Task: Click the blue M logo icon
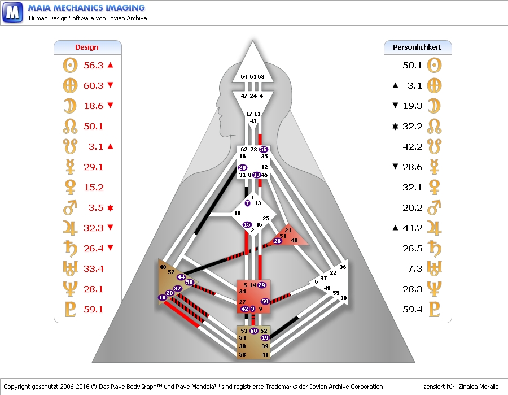12,12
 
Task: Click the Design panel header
87,47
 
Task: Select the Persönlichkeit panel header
417,47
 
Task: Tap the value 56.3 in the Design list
93,65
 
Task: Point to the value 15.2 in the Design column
93,187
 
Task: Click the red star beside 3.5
110,207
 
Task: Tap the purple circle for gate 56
263,149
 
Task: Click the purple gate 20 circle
243,168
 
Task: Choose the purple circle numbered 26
277,241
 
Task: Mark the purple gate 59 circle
265,302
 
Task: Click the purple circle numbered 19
265,338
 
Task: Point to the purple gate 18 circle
163,297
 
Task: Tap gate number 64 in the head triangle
244,77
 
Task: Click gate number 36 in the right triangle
343,267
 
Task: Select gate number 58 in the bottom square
243,354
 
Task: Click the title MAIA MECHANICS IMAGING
86,8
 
